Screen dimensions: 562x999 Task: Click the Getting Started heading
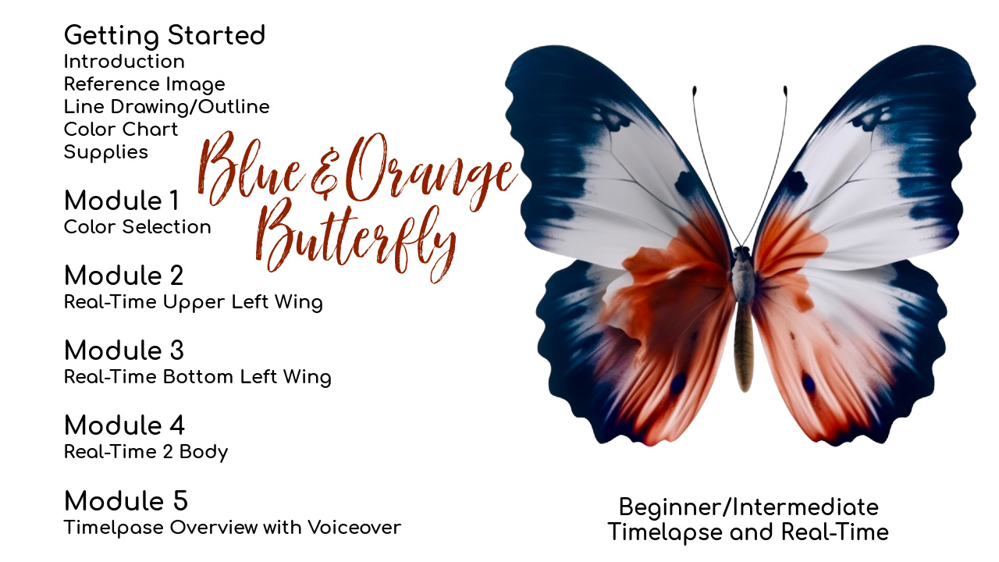[x=165, y=36]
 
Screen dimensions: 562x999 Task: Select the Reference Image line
[x=144, y=84]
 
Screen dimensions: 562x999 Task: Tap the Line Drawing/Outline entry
[x=166, y=107]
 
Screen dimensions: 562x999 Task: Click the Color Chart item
[x=121, y=130]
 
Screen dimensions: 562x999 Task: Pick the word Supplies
[x=105, y=152]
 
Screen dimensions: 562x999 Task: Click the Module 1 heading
[x=122, y=201]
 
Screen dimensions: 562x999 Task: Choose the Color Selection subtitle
[x=137, y=227]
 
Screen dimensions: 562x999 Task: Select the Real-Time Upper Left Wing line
[x=193, y=302]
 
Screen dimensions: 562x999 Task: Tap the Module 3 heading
[x=124, y=350]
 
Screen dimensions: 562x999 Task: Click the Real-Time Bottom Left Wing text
[x=197, y=377]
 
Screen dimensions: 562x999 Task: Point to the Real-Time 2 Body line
[x=146, y=452]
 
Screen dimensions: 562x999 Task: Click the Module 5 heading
[x=126, y=501]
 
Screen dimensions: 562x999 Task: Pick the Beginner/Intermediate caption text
[x=748, y=507]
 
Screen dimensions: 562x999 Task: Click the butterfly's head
[x=741, y=254]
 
